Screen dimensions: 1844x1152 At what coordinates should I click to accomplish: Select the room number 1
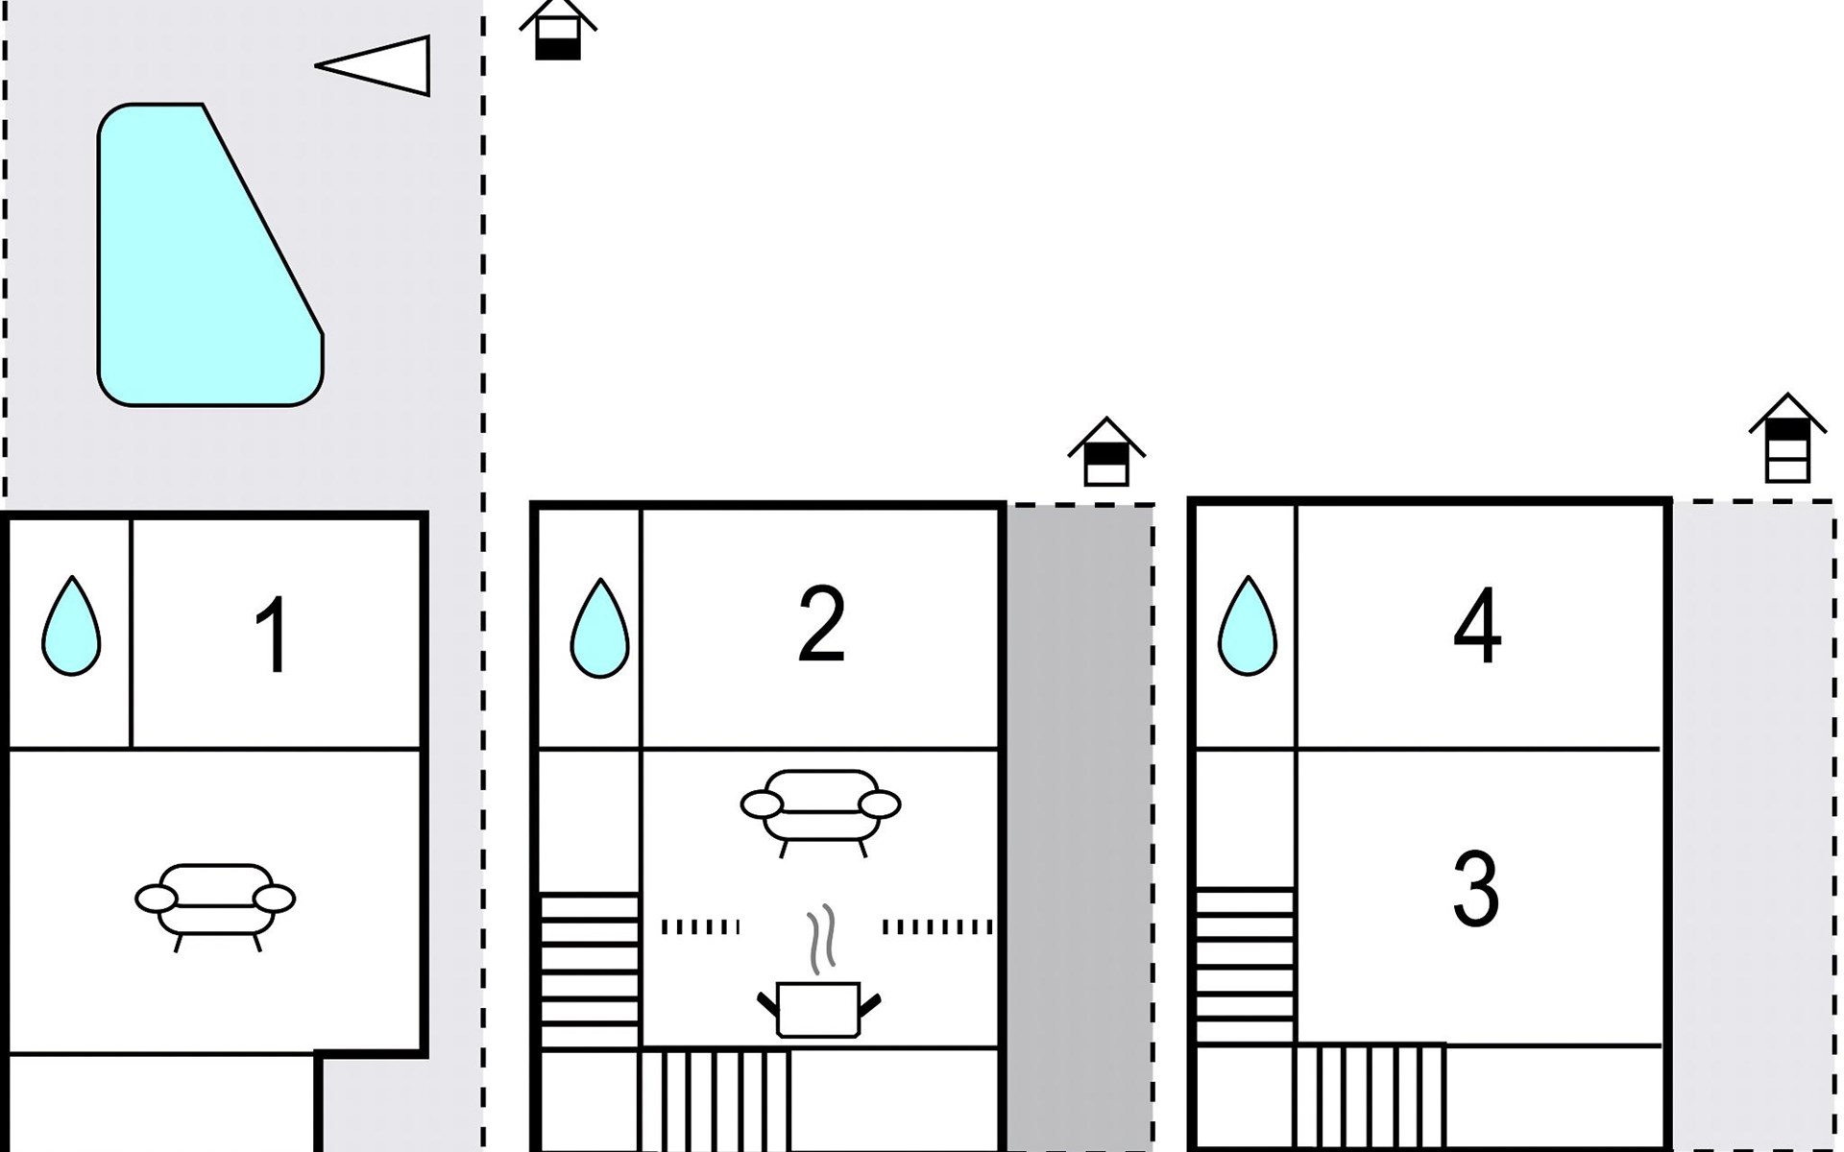click(273, 635)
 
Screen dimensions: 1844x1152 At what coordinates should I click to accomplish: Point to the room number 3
click(1476, 889)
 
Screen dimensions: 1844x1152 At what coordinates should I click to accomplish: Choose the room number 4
click(1477, 625)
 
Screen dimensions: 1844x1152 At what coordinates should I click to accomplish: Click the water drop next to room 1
click(71, 626)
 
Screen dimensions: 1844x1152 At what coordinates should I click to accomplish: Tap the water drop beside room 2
click(600, 628)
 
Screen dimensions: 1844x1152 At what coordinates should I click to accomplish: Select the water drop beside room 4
click(1248, 626)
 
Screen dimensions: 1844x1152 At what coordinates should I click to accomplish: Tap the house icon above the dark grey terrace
click(1106, 452)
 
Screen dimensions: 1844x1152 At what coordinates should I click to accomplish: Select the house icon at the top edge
click(558, 30)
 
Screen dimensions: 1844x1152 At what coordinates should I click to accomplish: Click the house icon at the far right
click(1787, 438)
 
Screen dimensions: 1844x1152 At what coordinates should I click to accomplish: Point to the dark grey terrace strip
click(1080, 828)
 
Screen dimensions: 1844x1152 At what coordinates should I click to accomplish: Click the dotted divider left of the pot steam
click(700, 927)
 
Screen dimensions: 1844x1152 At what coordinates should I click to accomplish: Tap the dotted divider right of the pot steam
click(937, 927)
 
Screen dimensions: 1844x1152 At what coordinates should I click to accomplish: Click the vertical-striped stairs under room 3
click(1371, 1097)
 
